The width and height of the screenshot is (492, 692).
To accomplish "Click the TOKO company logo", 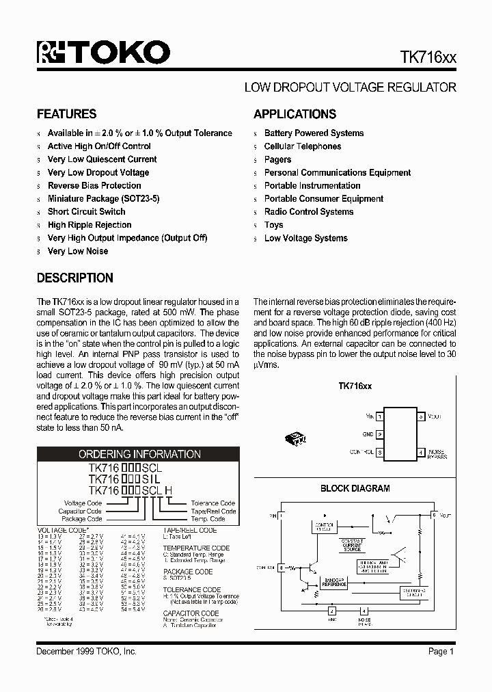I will pyautogui.click(x=103, y=53).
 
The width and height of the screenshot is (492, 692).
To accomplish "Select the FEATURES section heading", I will pyautogui.click(x=66, y=114).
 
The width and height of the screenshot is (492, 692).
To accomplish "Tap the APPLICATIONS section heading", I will pyautogui.click(x=295, y=114).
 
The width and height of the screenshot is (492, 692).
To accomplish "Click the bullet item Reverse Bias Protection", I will pyautogui.click(x=94, y=185).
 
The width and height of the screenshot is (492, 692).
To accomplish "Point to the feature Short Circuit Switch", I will pyautogui.click(x=86, y=212).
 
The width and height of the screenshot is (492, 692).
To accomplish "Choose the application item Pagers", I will pyautogui.click(x=277, y=159).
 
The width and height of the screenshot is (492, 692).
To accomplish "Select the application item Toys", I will pyautogui.click(x=273, y=225).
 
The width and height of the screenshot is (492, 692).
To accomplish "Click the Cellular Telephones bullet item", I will pyautogui.click(x=303, y=146).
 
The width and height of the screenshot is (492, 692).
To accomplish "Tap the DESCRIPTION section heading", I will pyautogui.click(x=74, y=278).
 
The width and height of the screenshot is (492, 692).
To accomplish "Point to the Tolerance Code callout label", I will pyautogui.click(x=213, y=503).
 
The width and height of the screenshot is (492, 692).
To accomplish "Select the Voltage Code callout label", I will pyautogui.click(x=83, y=503).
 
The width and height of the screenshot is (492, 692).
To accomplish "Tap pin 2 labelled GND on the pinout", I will pyautogui.click(x=379, y=434).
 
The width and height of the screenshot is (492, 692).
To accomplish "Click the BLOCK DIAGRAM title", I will pyautogui.click(x=355, y=488).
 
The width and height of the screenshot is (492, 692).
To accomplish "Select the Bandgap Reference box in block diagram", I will pyautogui.click(x=334, y=583).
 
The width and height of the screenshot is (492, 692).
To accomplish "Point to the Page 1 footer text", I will pyautogui.click(x=441, y=652).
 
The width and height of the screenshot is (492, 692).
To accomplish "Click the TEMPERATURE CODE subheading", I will pyautogui.click(x=196, y=548).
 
